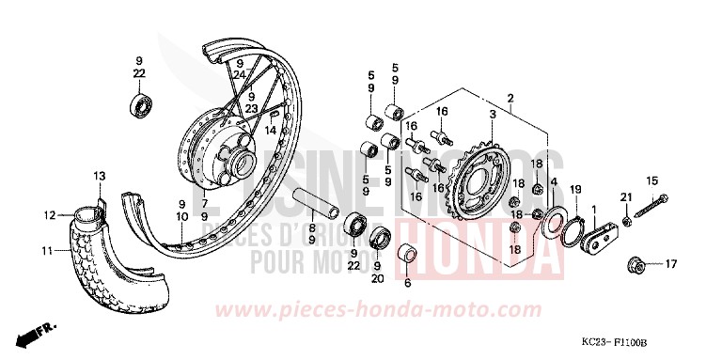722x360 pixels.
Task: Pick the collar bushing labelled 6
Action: click(407, 256)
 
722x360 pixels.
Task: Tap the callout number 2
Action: click(510, 99)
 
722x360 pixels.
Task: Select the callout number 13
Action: click(100, 175)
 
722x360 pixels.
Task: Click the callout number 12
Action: click(49, 216)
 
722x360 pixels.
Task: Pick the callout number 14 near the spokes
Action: click(271, 131)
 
